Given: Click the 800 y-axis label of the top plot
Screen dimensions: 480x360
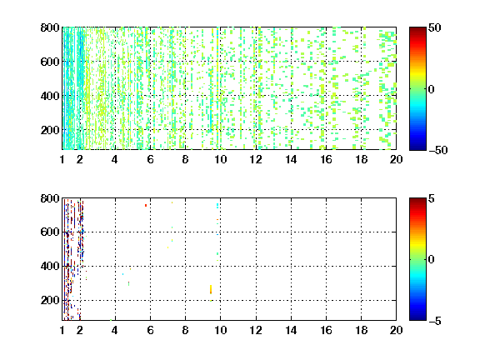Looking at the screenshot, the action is tap(50, 27).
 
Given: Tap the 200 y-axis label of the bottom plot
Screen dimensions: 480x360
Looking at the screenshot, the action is tap(50, 300).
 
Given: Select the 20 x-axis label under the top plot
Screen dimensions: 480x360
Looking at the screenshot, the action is tap(396, 159).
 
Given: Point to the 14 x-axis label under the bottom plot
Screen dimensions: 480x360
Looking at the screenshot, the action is tap(291, 330).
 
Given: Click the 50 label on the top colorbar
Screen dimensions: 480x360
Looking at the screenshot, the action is tap(434, 27).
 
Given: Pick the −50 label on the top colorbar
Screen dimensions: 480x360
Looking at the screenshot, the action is tap(438, 150).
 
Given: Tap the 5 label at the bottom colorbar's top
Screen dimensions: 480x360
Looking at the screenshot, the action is tap(432, 198).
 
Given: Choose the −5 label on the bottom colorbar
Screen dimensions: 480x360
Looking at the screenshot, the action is tap(435, 321).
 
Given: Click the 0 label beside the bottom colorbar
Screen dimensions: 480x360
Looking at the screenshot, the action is tap(432, 260).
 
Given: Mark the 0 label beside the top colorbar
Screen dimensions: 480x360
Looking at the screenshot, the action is tap(432, 89).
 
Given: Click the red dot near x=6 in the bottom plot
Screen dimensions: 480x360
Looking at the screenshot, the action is tap(146, 205).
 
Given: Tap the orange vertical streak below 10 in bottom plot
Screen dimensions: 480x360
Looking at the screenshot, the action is tap(211, 290).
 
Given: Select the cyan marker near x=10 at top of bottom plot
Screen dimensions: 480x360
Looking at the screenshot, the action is tap(217, 205).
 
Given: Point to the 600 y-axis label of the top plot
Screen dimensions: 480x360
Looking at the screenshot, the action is tap(50, 62).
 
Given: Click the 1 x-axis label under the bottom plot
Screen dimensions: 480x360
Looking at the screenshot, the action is tap(62, 330).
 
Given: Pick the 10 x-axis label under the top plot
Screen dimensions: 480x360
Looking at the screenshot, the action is tap(220, 159).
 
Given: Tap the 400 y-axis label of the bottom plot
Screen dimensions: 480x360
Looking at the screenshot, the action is tap(50, 266).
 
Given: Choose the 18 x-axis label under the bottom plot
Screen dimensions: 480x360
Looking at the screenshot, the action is tap(361, 330).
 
